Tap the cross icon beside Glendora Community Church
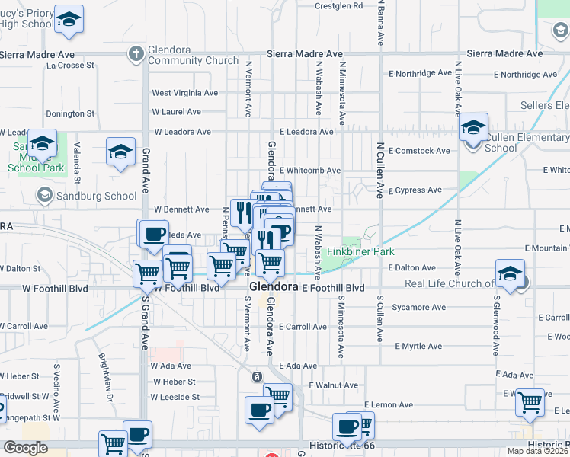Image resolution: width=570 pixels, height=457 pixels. click(x=136, y=53)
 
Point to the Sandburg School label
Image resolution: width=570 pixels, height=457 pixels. click(x=100, y=196)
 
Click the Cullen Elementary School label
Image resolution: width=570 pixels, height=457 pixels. click(x=527, y=143)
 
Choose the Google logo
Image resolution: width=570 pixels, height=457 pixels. click(x=25, y=448)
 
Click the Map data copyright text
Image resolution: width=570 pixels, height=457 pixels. click(x=538, y=451)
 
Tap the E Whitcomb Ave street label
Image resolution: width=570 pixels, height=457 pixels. click(x=310, y=171)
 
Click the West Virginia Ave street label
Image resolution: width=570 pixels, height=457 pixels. click(x=184, y=93)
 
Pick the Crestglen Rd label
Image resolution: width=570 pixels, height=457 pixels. click(x=339, y=5)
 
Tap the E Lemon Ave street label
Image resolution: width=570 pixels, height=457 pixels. click(x=388, y=405)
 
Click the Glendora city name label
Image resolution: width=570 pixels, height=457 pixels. click(x=274, y=287)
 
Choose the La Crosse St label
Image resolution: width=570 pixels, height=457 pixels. click(x=70, y=66)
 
